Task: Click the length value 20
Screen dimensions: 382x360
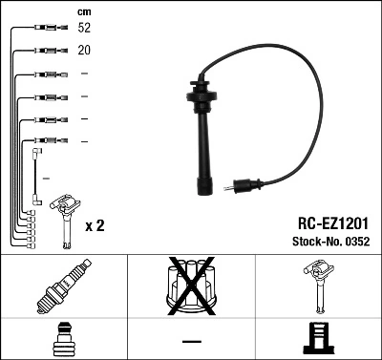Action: [85, 52]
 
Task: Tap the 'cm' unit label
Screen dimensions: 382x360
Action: [84, 11]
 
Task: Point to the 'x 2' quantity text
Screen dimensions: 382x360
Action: [95, 225]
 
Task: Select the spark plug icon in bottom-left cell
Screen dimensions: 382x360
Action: [63, 289]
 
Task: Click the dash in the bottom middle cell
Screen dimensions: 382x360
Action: [191, 341]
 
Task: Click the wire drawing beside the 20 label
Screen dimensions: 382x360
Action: [43, 52]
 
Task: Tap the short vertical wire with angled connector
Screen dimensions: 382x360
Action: [35, 172]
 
